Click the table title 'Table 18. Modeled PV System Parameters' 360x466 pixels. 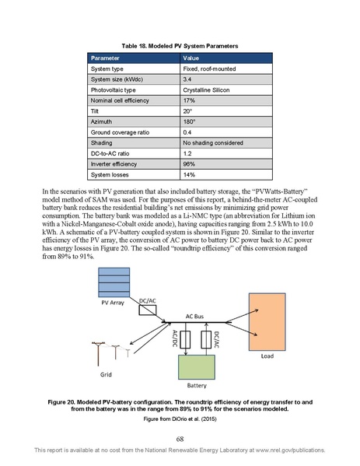[x=180, y=47]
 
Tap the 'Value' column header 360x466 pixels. [x=190, y=59]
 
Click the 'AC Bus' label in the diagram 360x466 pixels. [x=195, y=317]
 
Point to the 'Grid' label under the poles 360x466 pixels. [x=107, y=374]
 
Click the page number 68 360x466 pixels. [x=180, y=440]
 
